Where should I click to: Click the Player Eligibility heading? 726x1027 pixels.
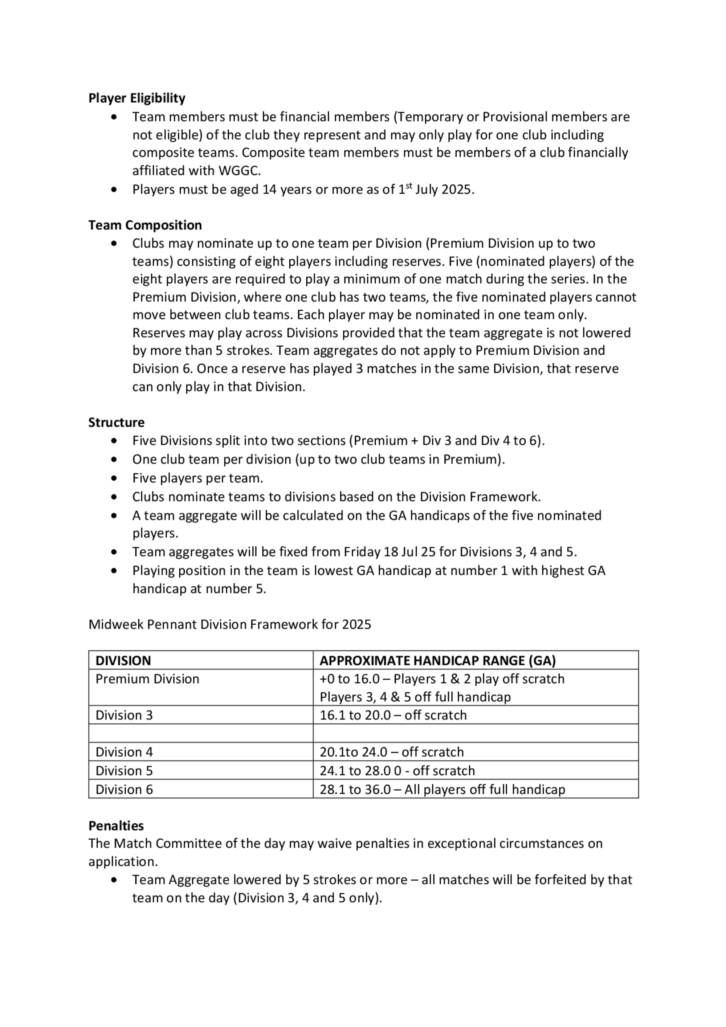[x=136, y=98]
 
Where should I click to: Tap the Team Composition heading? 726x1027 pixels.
[x=145, y=225]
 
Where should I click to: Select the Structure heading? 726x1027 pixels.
[x=116, y=422]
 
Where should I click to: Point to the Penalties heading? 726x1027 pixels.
[x=116, y=825]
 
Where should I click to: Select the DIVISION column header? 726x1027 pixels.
[x=123, y=660]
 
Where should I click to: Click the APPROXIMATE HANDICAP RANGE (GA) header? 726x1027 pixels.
[x=437, y=660]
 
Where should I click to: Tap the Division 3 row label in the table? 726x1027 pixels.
[x=124, y=715]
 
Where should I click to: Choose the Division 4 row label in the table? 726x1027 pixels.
[x=124, y=752]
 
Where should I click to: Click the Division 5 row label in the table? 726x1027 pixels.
[x=124, y=771]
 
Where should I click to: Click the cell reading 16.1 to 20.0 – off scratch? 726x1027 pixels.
[x=393, y=715]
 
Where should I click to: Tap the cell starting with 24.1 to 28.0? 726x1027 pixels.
[x=397, y=771]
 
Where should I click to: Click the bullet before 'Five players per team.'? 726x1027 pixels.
[x=115, y=478]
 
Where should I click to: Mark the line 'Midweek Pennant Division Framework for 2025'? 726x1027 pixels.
[x=229, y=624]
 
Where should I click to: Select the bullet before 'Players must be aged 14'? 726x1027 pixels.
[x=115, y=189]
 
